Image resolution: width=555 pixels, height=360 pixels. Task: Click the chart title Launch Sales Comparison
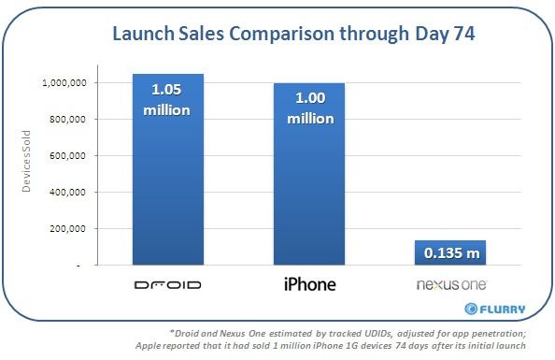pos(277,36)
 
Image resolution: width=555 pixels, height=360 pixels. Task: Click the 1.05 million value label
pos(168,101)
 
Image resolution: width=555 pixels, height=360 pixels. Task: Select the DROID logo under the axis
pos(168,283)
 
